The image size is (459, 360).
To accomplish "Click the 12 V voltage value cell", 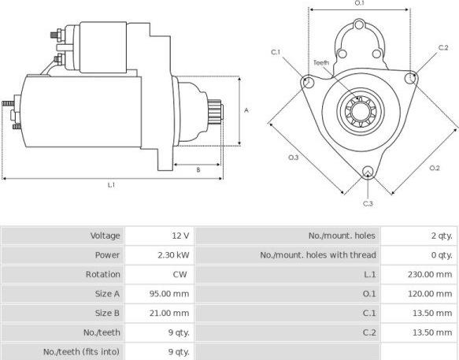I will coord(181,236).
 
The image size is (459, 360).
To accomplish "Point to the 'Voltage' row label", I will coord(105,236).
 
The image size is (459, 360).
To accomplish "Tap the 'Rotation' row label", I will coord(103,274).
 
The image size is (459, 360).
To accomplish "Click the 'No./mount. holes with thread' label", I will coord(318,255).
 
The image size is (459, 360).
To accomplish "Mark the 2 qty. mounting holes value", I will coord(440,236).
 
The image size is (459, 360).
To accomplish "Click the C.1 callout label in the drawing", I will coord(276,52).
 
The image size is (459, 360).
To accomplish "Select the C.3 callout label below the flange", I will coord(368,204).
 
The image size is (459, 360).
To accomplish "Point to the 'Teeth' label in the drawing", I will coord(321,62).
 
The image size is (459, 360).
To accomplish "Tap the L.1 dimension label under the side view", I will coord(112,185).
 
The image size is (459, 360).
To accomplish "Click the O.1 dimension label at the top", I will coord(359,3).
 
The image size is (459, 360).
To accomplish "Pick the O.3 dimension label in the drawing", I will coord(294,158).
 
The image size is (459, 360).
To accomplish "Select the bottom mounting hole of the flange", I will coord(368,173).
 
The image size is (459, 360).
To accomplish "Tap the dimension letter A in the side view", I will coord(246,110).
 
